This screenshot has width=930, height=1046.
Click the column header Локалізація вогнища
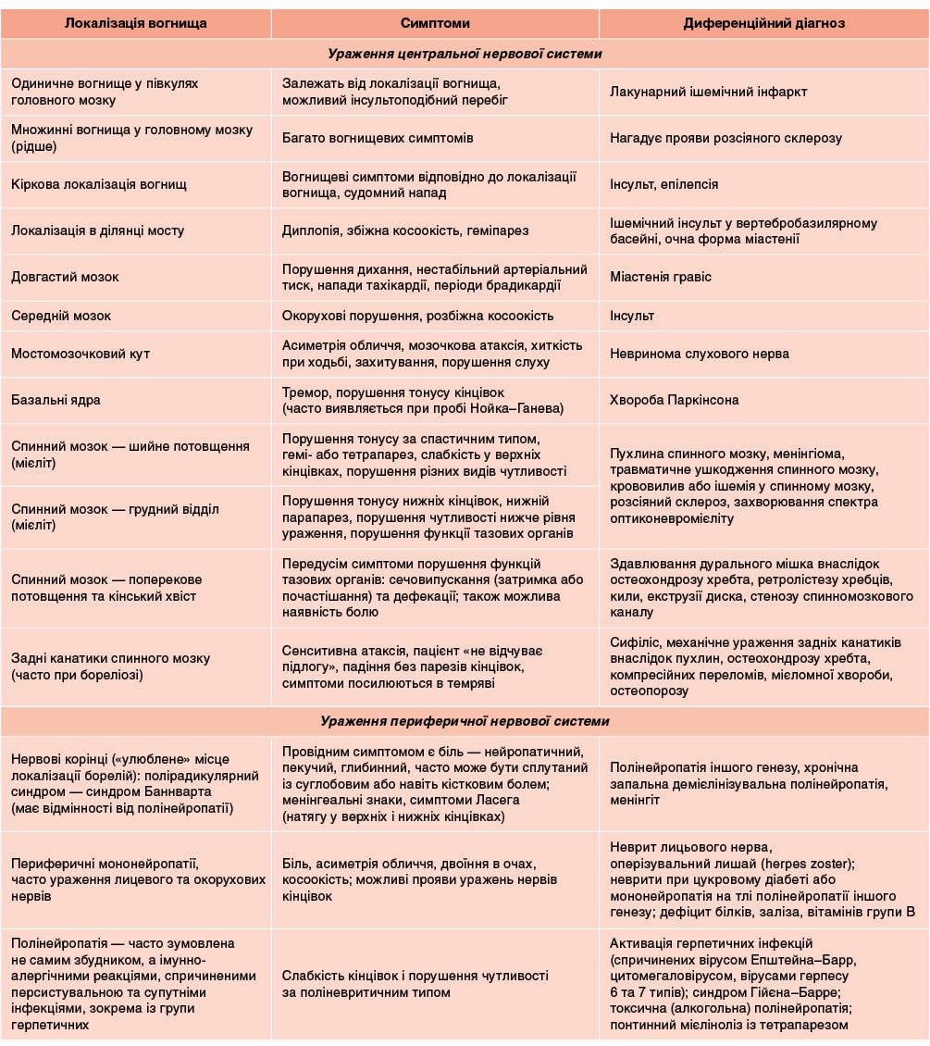(x=136, y=23)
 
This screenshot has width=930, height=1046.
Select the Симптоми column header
(x=435, y=23)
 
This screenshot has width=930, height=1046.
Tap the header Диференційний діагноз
(x=763, y=23)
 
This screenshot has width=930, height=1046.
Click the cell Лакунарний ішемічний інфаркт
(x=709, y=92)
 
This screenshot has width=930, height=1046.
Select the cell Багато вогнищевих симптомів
(x=378, y=138)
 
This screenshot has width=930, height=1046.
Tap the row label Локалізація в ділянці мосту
(x=98, y=230)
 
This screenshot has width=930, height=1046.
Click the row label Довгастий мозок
(x=65, y=277)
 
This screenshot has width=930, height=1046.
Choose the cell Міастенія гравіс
(x=661, y=277)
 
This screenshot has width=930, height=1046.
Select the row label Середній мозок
(x=61, y=316)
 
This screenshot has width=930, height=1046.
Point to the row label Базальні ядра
(x=56, y=400)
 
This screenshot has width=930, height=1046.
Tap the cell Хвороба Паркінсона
(x=675, y=400)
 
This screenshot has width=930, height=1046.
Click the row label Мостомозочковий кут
(x=81, y=354)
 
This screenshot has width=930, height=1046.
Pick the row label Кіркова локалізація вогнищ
(x=99, y=184)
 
